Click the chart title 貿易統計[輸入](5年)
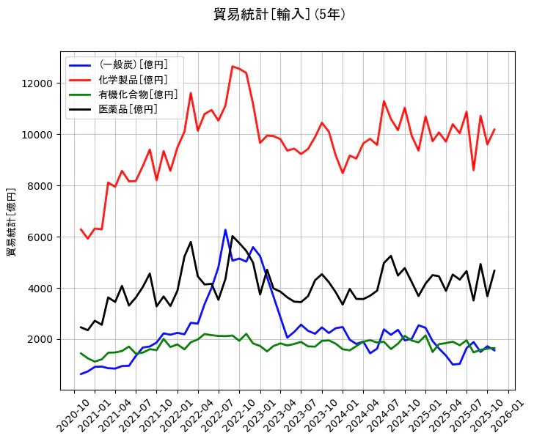click(x=279, y=15)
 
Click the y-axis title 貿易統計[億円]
click(x=12, y=221)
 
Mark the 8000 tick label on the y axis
click(x=43, y=186)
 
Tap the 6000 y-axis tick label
click(x=43, y=237)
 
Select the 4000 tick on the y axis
click(x=43, y=289)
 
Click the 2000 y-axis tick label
click(x=43, y=339)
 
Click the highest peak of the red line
click(x=233, y=67)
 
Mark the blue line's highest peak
click(x=225, y=230)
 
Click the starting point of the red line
click(x=81, y=229)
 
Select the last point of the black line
click(x=494, y=270)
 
